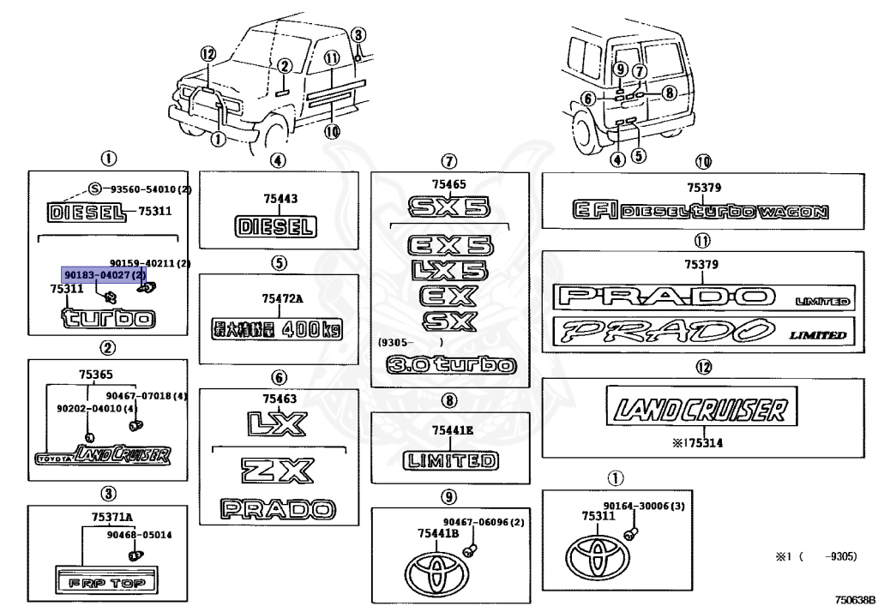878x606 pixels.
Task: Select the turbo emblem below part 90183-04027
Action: pyautogui.click(x=109, y=319)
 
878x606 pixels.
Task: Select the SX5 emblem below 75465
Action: pyautogui.click(x=448, y=207)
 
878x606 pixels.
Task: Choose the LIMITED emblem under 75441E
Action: pyautogui.click(x=450, y=460)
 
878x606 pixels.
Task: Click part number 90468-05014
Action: pyautogui.click(x=139, y=535)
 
